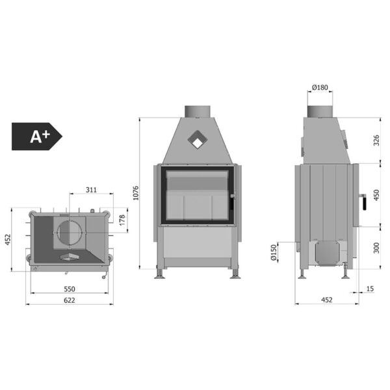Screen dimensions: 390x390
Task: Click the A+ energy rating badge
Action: (37, 136)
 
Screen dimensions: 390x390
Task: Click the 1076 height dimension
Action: (136, 193)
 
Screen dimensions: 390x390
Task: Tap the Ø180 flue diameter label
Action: (320, 87)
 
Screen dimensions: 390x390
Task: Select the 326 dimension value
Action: (376, 140)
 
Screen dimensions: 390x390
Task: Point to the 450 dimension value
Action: (376, 195)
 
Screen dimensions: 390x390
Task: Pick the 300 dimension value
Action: (376, 248)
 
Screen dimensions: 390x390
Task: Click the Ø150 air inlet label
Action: (274, 252)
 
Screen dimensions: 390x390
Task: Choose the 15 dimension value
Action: (370, 289)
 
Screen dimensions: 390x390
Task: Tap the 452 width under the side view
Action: (326, 300)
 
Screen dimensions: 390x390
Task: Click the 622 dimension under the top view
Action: (70, 300)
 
